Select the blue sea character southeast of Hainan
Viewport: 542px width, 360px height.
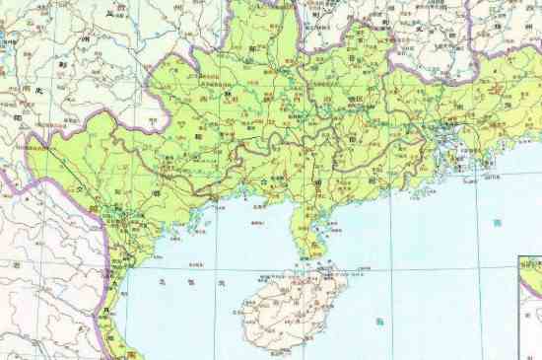click(x=380, y=323)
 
